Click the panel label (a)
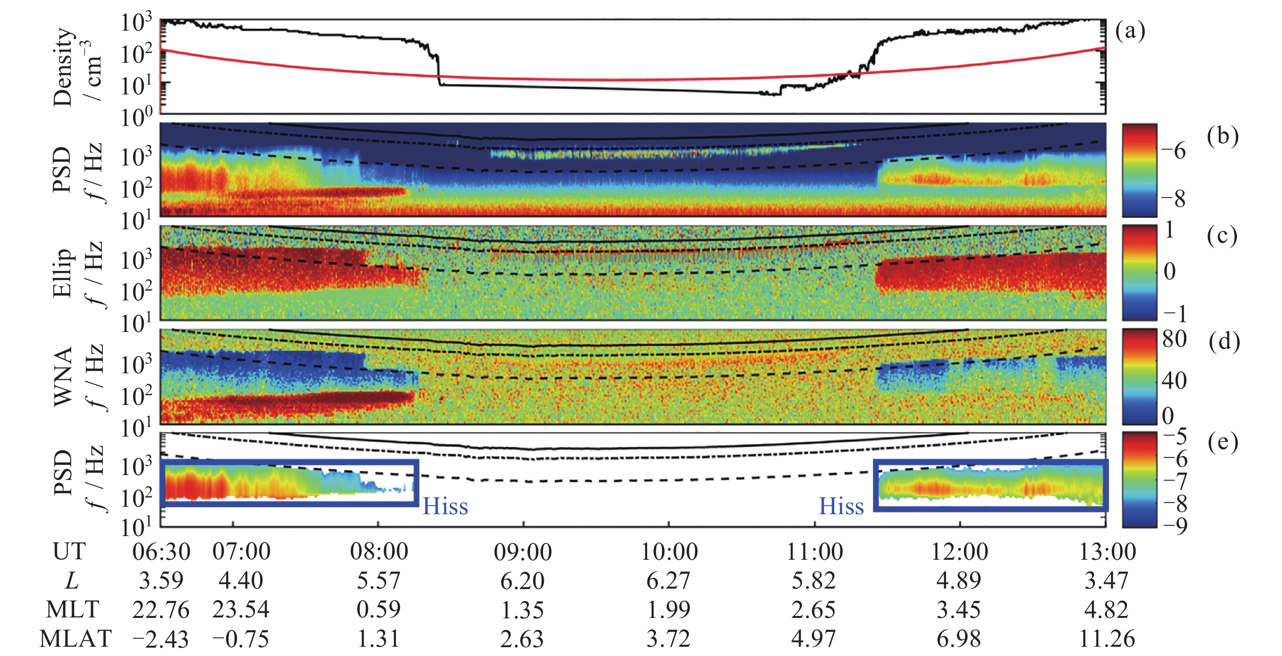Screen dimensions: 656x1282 coord(1130,31)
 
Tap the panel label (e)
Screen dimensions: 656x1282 coord(1223,442)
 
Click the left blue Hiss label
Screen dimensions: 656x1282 coord(445,506)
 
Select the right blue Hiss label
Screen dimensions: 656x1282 coord(841,506)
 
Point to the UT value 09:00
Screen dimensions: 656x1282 coord(522,551)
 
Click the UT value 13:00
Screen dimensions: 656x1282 coord(1107,551)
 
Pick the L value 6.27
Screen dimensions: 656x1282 coord(668,580)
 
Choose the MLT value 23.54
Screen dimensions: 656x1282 coord(241,609)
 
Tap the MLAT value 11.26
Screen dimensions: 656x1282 coord(1107,639)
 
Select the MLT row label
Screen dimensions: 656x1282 coord(73,609)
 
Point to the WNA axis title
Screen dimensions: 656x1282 coord(64,377)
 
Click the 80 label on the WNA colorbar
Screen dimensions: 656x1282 coord(1175,339)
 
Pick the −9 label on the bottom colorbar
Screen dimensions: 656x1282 coord(1175,525)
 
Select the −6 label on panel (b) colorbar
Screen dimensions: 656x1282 coord(1174,150)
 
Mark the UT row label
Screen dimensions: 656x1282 coord(69,551)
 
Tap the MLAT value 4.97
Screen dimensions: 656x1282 coord(813,639)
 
